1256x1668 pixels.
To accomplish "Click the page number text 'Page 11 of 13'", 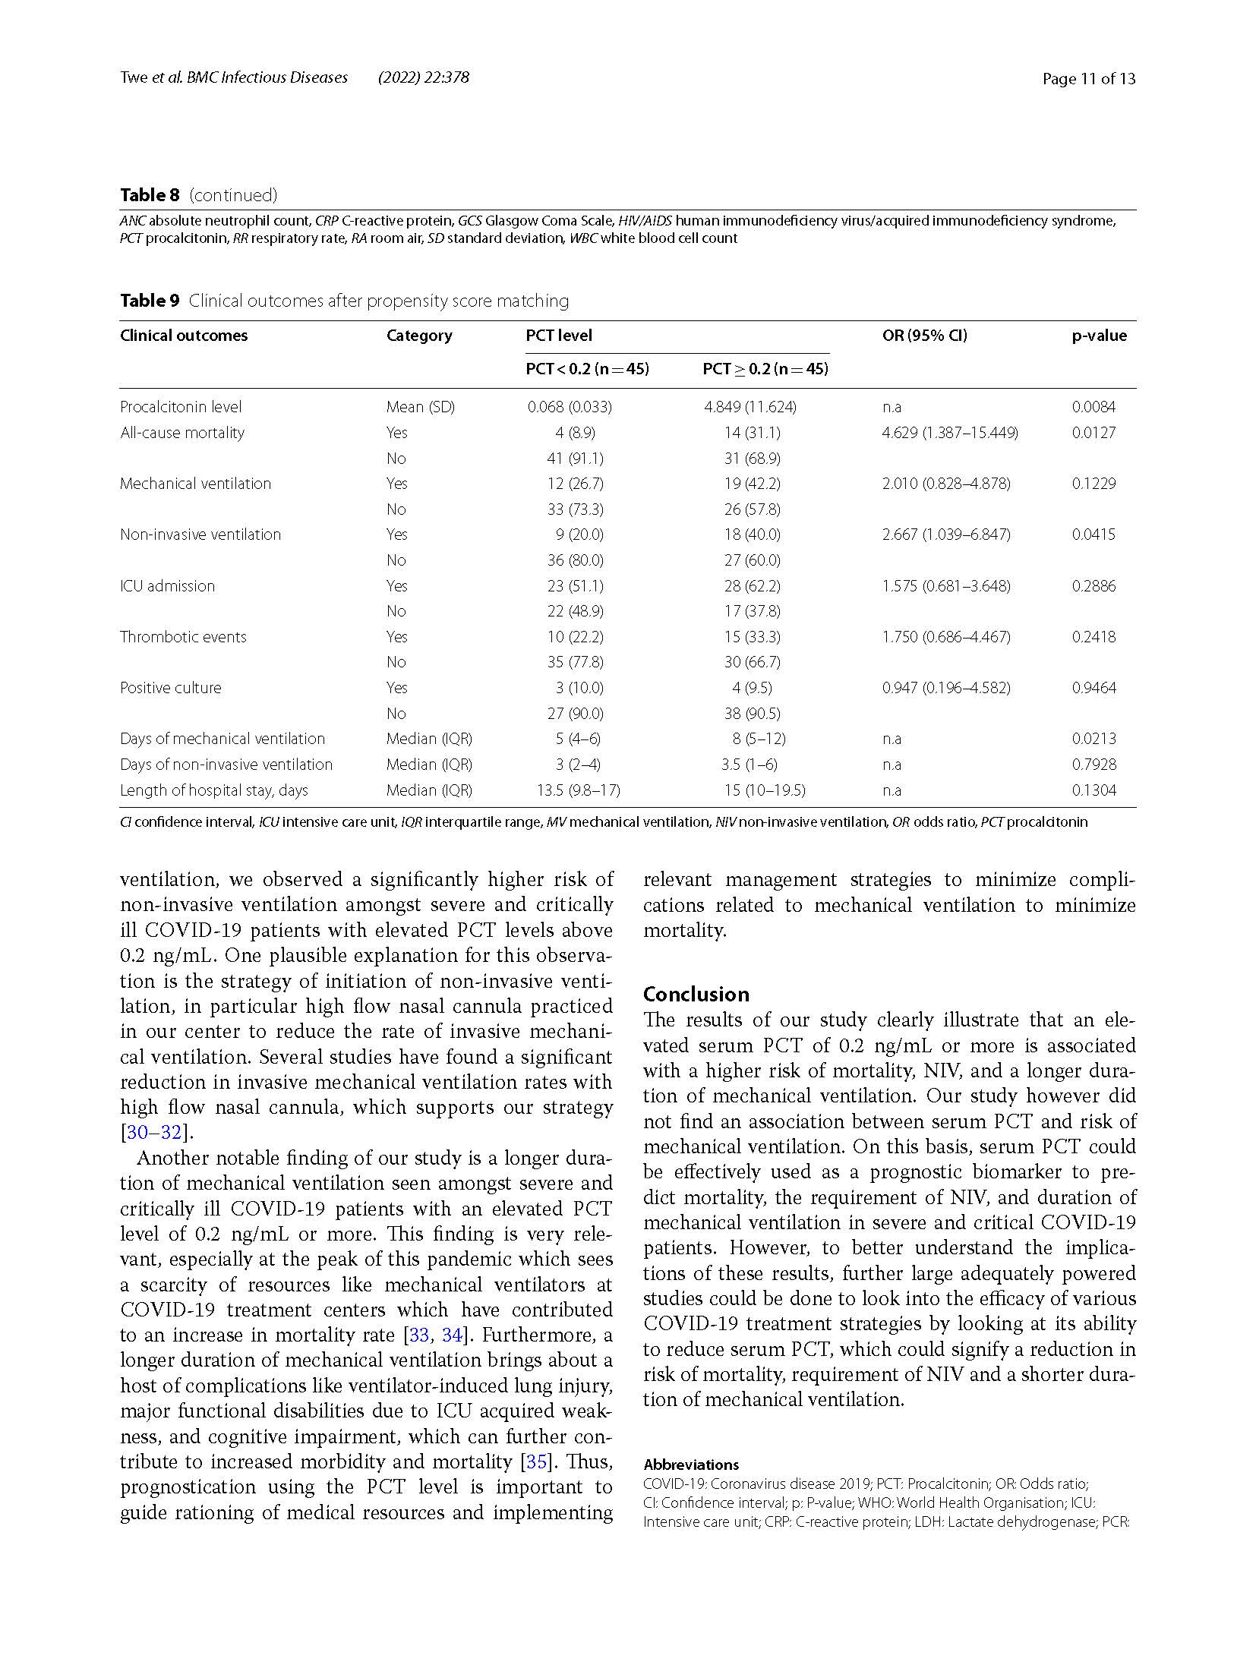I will coord(1088,78).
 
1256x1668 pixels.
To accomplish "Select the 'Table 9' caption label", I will coord(150,301).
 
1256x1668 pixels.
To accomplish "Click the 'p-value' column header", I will coord(1099,336).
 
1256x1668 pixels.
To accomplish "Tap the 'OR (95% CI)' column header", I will coord(924,336).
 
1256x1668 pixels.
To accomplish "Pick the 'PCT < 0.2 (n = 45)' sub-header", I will coord(587,369).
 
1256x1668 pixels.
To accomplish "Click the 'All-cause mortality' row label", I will coord(182,433).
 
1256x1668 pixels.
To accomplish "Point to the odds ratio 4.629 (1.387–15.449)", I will coord(949,433).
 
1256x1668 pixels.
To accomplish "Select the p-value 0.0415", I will coord(1093,534).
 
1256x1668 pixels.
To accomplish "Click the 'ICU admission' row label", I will coord(167,586).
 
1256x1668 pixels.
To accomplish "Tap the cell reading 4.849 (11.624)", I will coord(749,407).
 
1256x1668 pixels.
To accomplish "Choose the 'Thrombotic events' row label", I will coord(183,637).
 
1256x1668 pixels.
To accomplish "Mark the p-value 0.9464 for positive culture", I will coord(1093,688).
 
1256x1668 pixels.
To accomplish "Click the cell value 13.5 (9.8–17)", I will coord(578,790).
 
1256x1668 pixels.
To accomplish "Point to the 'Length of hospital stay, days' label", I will coord(214,790).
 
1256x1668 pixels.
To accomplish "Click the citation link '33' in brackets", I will coord(418,1335).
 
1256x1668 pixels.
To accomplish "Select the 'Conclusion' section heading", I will coord(696,994).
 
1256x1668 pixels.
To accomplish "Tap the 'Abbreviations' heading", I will coord(690,1465).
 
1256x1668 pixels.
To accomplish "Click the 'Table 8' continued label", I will coord(150,195).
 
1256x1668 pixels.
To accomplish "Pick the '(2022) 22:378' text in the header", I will coord(423,77).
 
